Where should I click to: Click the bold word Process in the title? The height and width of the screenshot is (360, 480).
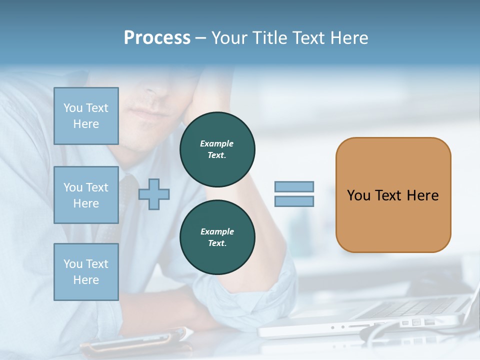point(157,38)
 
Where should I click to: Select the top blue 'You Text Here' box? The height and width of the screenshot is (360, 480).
point(86,116)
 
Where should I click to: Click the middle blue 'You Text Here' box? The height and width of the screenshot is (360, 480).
point(86,195)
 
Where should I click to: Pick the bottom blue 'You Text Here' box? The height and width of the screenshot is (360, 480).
point(86,272)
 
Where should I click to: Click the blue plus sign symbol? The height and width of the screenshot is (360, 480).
point(154,194)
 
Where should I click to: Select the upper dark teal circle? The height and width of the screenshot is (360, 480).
point(217,149)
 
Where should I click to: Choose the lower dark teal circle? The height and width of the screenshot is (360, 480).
point(217,237)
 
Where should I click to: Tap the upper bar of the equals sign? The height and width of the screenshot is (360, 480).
point(294,186)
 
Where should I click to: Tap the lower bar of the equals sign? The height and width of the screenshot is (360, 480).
point(294,201)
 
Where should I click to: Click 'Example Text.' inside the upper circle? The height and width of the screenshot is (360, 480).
point(217,149)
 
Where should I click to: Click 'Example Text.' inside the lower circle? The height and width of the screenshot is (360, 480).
point(217,237)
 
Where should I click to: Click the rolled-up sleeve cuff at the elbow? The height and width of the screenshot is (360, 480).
point(270,295)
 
